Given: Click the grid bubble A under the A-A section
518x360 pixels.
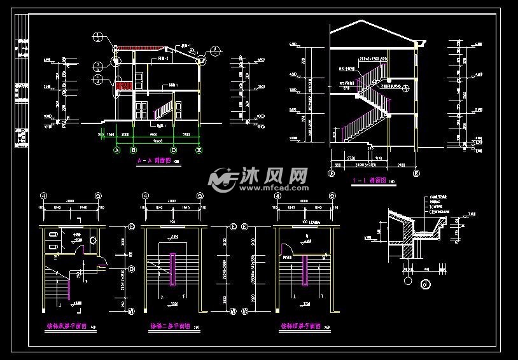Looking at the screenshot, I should pyautogui.click(x=116, y=151).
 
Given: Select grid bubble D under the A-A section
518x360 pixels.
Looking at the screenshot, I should pyautogui.click(x=173, y=151).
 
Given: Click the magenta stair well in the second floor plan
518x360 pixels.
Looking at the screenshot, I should pyautogui.click(x=172, y=270).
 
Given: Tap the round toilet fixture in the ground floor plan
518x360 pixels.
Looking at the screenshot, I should pyautogui.click(x=92, y=240).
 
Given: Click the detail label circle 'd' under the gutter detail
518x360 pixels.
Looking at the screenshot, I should pyautogui.click(x=424, y=284).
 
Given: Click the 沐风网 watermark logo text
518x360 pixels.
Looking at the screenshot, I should pyautogui.click(x=274, y=177).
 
